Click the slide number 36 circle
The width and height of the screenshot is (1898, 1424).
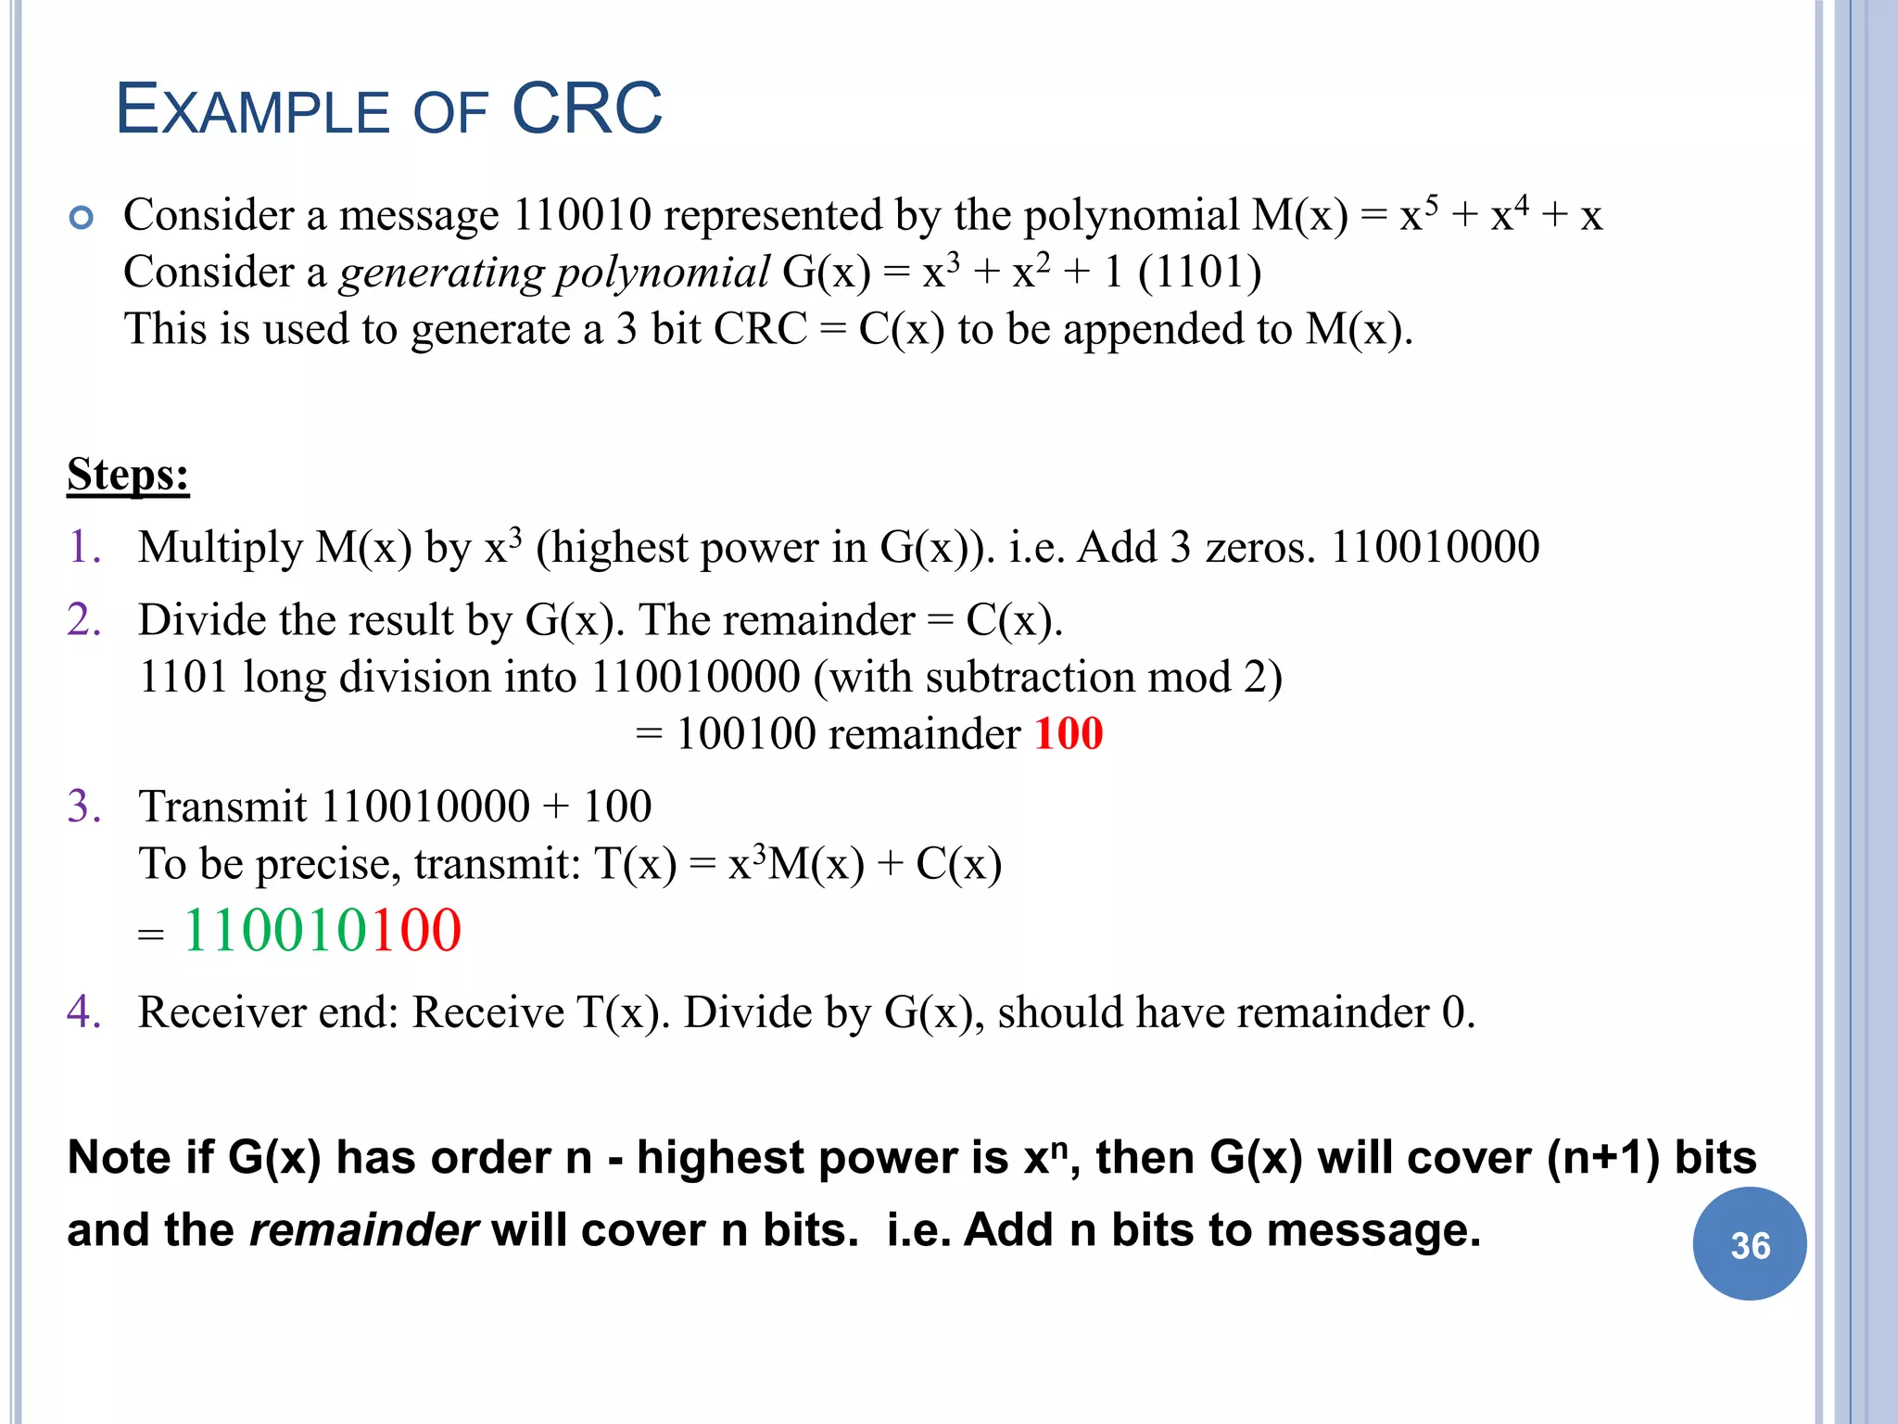1749,1244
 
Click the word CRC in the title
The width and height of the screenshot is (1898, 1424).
587,109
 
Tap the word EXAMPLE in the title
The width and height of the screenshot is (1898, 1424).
252,110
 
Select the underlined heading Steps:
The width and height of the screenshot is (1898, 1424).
128,475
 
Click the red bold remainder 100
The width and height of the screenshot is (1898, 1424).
1069,733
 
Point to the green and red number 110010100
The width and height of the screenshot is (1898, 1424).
322,930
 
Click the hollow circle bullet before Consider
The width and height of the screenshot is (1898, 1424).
82,218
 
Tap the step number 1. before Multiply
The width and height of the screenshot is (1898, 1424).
84,546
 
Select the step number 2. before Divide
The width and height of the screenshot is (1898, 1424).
84,619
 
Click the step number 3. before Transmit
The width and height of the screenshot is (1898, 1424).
84,806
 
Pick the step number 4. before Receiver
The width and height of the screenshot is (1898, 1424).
84,1011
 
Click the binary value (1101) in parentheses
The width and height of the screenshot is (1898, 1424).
1199,273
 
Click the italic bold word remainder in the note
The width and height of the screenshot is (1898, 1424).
363,1230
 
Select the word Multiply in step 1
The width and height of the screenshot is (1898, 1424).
220,548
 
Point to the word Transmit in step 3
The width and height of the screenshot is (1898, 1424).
222,806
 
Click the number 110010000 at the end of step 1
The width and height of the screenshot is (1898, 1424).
1435,546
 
